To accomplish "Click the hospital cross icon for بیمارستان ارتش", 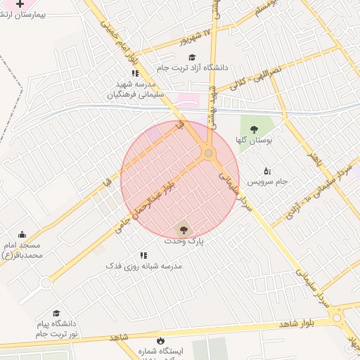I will point(20,4).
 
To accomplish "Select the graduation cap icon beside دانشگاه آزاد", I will point(192,57).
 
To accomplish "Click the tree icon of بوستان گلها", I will point(254,129).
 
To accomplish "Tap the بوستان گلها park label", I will point(254,141).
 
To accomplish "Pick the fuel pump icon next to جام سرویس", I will point(267,171).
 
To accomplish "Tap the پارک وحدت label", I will point(184,240).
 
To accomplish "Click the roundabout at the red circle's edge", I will point(208,153).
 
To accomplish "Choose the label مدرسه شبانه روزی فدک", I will point(143,266).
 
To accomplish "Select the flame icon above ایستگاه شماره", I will point(161,340).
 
